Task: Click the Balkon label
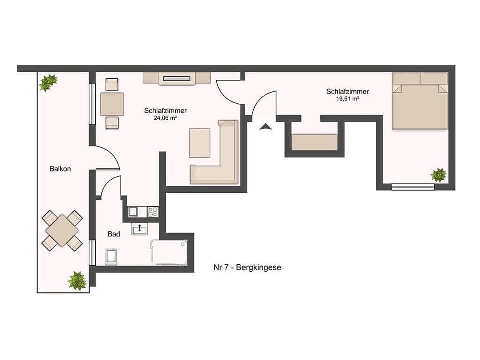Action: [60, 169]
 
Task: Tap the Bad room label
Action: [113, 234]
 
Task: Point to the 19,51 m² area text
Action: [348, 99]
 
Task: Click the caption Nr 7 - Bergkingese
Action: [247, 267]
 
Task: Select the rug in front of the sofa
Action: [200, 143]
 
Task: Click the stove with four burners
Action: [152, 212]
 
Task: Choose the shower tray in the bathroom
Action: [169, 252]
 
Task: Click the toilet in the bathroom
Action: [111, 257]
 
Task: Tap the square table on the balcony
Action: [62, 230]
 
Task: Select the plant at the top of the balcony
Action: [48, 82]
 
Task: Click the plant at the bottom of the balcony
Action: [77, 281]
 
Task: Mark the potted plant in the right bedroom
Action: [439, 175]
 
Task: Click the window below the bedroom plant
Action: [413, 187]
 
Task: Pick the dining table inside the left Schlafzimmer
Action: [112, 104]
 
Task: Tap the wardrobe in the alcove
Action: [315, 142]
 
